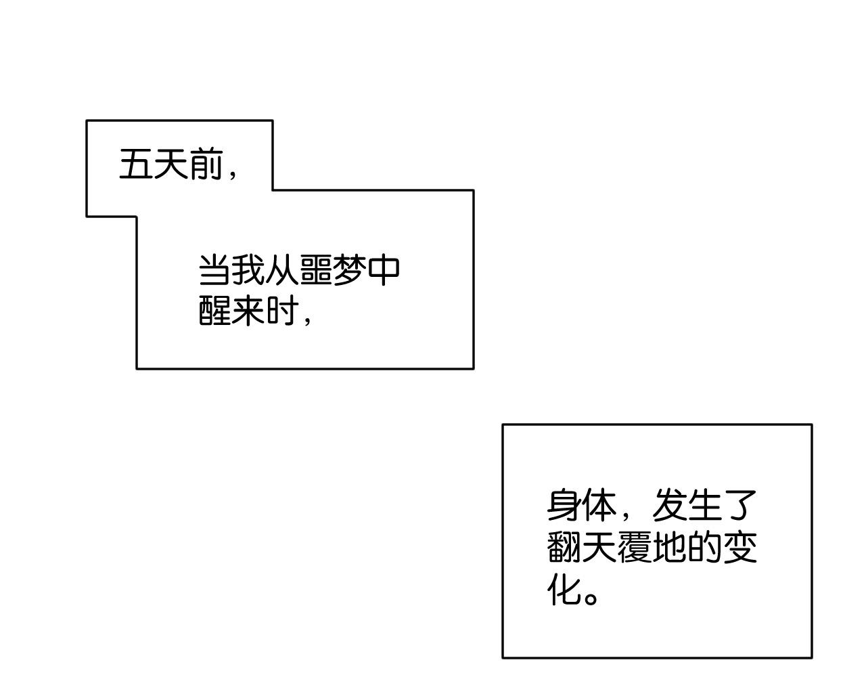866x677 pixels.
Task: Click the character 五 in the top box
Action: pos(135,164)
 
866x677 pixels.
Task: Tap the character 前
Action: pos(206,164)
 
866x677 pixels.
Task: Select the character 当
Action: pos(214,270)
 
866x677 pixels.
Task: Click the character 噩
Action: pos(316,270)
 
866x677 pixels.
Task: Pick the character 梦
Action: pos(350,270)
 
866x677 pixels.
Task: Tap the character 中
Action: pos(384,270)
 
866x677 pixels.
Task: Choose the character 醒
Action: pos(214,311)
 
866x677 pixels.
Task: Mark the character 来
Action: pos(248,311)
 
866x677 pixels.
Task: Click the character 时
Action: pos(283,311)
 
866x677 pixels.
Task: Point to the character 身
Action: pos(564,506)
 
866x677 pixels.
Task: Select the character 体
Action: pos(599,506)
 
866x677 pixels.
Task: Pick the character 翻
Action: pos(563,546)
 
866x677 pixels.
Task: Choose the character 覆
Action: pos(634,546)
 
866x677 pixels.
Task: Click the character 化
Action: pos(563,589)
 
